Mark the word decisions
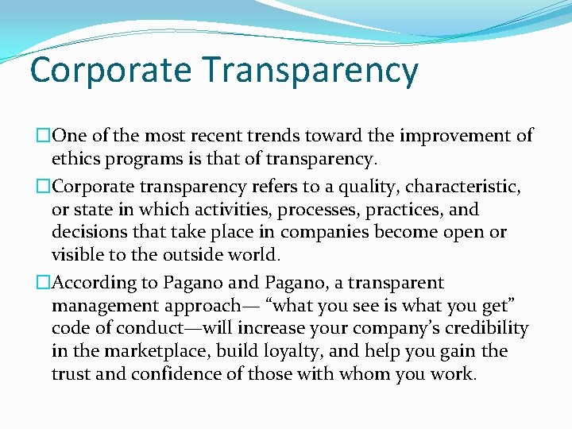(89, 233)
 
